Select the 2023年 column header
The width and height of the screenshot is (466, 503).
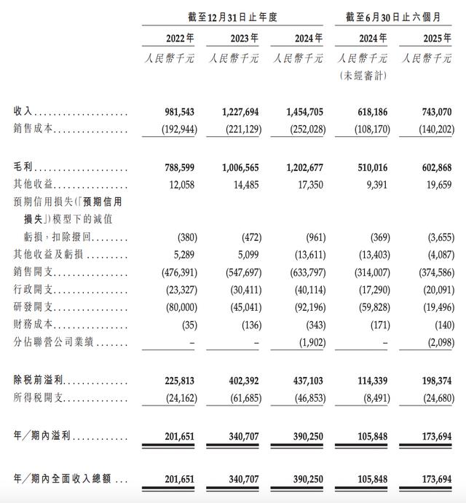tap(241, 39)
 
